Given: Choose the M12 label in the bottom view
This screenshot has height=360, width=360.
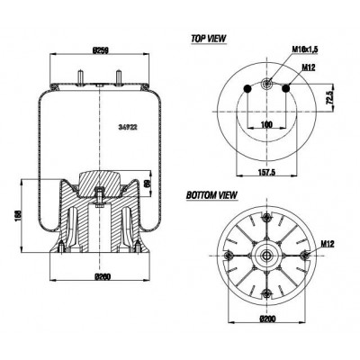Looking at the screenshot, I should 328,243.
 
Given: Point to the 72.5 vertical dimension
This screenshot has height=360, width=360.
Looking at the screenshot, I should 332,94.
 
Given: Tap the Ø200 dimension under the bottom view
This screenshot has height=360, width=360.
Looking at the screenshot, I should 267,321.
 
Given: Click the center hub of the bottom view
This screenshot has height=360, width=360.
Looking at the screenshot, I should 268,255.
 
